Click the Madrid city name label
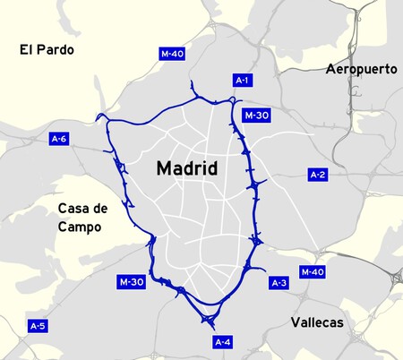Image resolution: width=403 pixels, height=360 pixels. point(187,168)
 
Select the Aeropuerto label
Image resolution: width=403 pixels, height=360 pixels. point(362,69)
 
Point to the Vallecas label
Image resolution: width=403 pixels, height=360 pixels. point(317,322)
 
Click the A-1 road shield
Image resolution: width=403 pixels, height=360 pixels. point(242,81)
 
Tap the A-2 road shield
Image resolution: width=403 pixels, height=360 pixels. point(317,174)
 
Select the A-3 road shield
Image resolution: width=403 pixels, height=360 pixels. point(279,283)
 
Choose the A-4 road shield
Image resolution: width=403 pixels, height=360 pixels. point(222,342)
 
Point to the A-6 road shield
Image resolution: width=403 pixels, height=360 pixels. point(59,139)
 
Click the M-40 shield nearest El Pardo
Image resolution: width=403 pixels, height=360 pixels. point(172,54)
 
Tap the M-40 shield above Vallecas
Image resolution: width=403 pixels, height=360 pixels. point(312,271)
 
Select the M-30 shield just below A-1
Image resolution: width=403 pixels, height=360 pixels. point(254,116)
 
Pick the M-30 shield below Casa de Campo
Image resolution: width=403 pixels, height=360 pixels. point(131,282)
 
